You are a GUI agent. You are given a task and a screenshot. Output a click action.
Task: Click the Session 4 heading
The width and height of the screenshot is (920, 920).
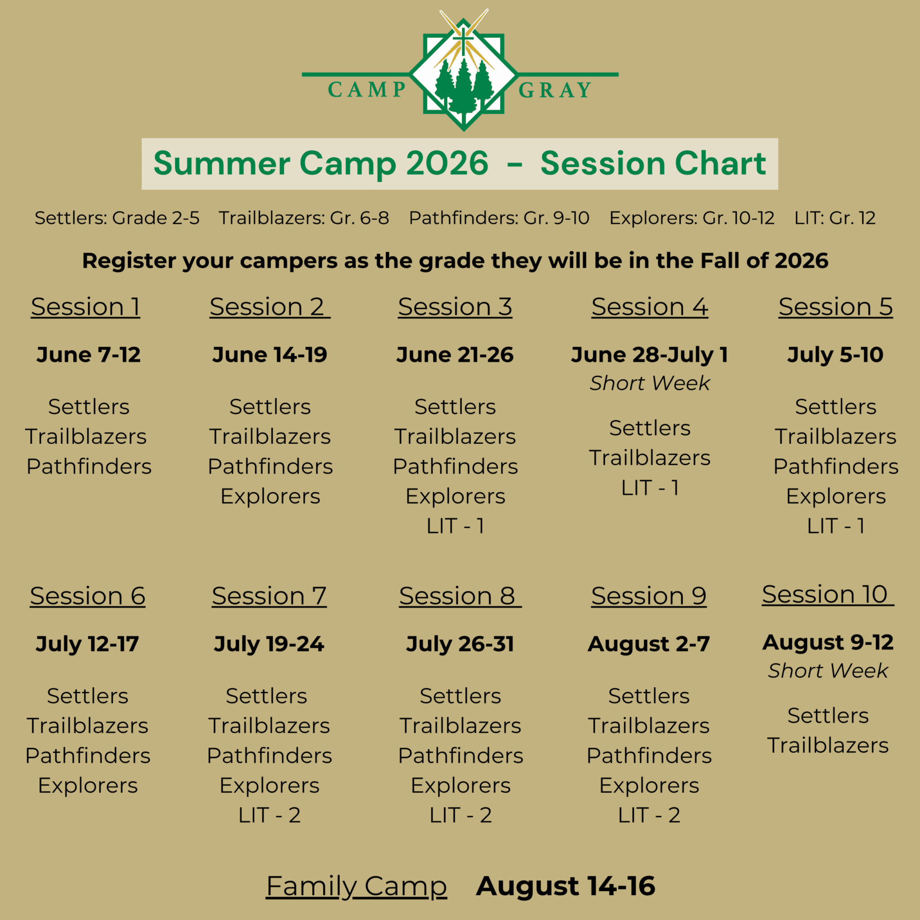tap(650, 307)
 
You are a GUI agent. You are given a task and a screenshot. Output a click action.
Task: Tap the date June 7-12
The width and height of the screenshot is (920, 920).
tap(88, 355)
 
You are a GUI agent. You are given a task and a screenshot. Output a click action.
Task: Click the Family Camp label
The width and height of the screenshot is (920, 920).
tap(356, 886)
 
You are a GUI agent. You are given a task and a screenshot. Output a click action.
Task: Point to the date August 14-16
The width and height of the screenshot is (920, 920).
tap(565, 886)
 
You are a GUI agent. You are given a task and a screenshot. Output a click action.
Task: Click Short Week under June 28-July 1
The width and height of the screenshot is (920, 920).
tap(650, 383)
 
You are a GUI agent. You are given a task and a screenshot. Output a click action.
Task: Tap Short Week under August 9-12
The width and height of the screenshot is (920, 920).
tap(828, 671)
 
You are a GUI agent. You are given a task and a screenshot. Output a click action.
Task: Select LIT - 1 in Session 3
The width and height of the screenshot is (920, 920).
tap(455, 526)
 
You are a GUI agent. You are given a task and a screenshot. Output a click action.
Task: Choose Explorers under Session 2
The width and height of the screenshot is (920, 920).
tap(270, 497)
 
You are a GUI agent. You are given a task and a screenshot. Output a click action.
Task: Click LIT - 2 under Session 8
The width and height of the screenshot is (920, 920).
tap(460, 816)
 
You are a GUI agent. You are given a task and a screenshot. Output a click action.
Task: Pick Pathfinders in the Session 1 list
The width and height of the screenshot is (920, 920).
tap(88, 467)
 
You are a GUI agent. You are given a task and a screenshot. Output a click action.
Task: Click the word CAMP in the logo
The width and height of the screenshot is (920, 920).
tap(367, 90)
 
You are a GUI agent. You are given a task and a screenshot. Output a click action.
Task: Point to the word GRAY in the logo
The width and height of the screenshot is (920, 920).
tap(555, 90)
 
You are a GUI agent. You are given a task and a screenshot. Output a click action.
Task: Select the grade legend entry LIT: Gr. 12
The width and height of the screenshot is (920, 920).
tap(835, 218)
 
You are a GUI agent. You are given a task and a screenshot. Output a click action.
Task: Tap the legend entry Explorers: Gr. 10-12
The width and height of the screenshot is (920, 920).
tap(692, 218)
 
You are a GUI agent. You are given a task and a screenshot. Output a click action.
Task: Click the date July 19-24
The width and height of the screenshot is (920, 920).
tap(269, 644)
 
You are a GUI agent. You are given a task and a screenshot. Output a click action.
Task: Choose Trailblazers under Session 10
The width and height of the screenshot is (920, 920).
tap(828, 746)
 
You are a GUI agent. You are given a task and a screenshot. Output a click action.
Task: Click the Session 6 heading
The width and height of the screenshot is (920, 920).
tap(88, 596)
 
